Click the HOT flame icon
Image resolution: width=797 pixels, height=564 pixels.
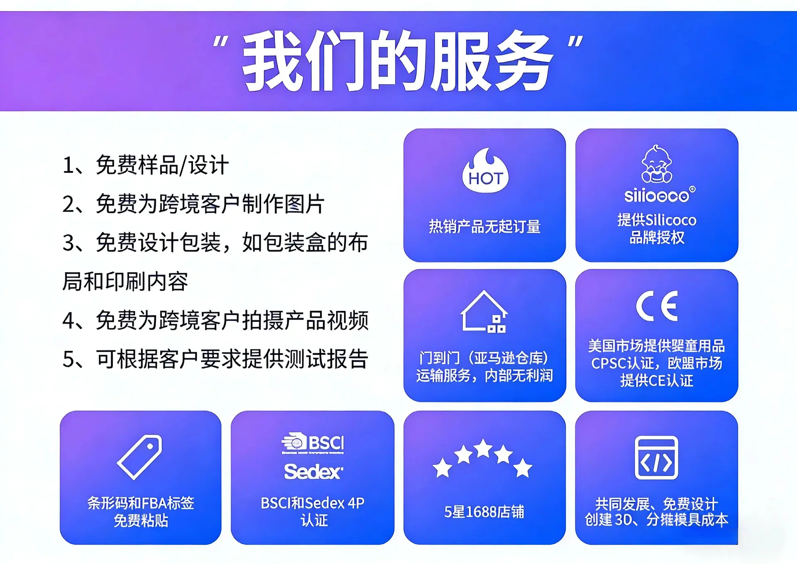point(485,171)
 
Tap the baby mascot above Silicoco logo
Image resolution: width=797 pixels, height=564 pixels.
point(656,164)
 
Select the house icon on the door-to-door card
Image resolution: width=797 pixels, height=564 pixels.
point(484,311)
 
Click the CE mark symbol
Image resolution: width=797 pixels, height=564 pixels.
point(657,306)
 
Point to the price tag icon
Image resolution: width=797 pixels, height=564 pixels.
point(140,457)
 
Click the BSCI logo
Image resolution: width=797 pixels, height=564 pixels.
point(313,443)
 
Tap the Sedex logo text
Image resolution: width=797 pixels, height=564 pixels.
point(313,472)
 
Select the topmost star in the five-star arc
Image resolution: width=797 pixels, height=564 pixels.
point(483,448)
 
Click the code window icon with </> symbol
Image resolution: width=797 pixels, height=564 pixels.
point(656,457)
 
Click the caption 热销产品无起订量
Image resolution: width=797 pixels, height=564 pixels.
point(484,226)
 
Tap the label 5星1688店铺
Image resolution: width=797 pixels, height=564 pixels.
point(484,512)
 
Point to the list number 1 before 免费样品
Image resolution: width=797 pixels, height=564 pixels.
point(68,165)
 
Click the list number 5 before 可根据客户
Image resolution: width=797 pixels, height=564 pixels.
point(68,360)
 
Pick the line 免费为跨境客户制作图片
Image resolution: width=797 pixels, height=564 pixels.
point(210,204)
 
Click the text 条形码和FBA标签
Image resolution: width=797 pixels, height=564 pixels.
point(141,503)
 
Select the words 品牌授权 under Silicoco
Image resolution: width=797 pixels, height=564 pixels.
point(657,238)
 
